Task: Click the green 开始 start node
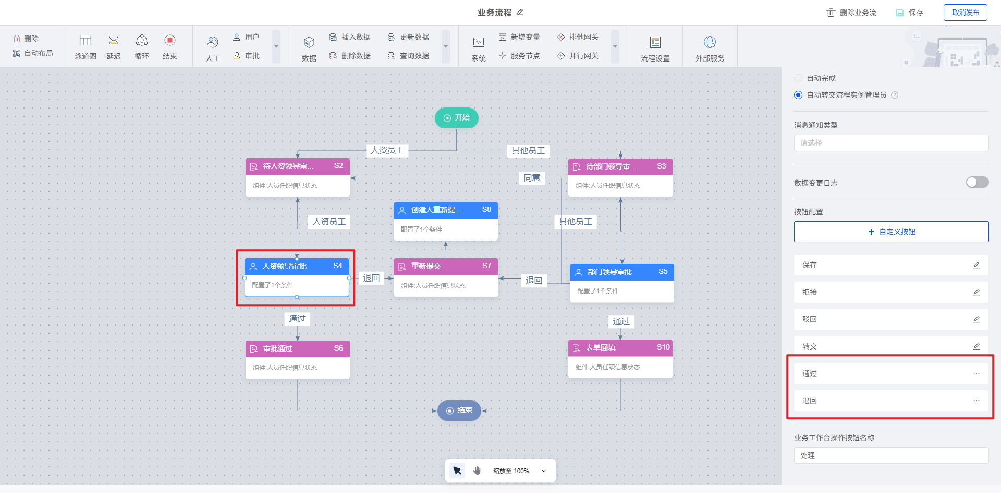(x=456, y=118)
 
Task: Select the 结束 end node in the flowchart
(x=459, y=411)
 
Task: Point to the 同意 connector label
(x=532, y=178)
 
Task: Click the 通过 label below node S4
(x=297, y=319)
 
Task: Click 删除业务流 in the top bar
(x=852, y=13)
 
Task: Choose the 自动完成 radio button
(x=798, y=78)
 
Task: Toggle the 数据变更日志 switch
(x=977, y=182)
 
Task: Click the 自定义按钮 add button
(x=891, y=232)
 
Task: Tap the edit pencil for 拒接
(x=976, y=292)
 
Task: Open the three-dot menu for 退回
(x=976, y=401)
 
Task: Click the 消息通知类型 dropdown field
(x=891, y=143)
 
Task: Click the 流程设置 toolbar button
(x=655, y=49)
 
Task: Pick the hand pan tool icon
(x=477, y=471)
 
